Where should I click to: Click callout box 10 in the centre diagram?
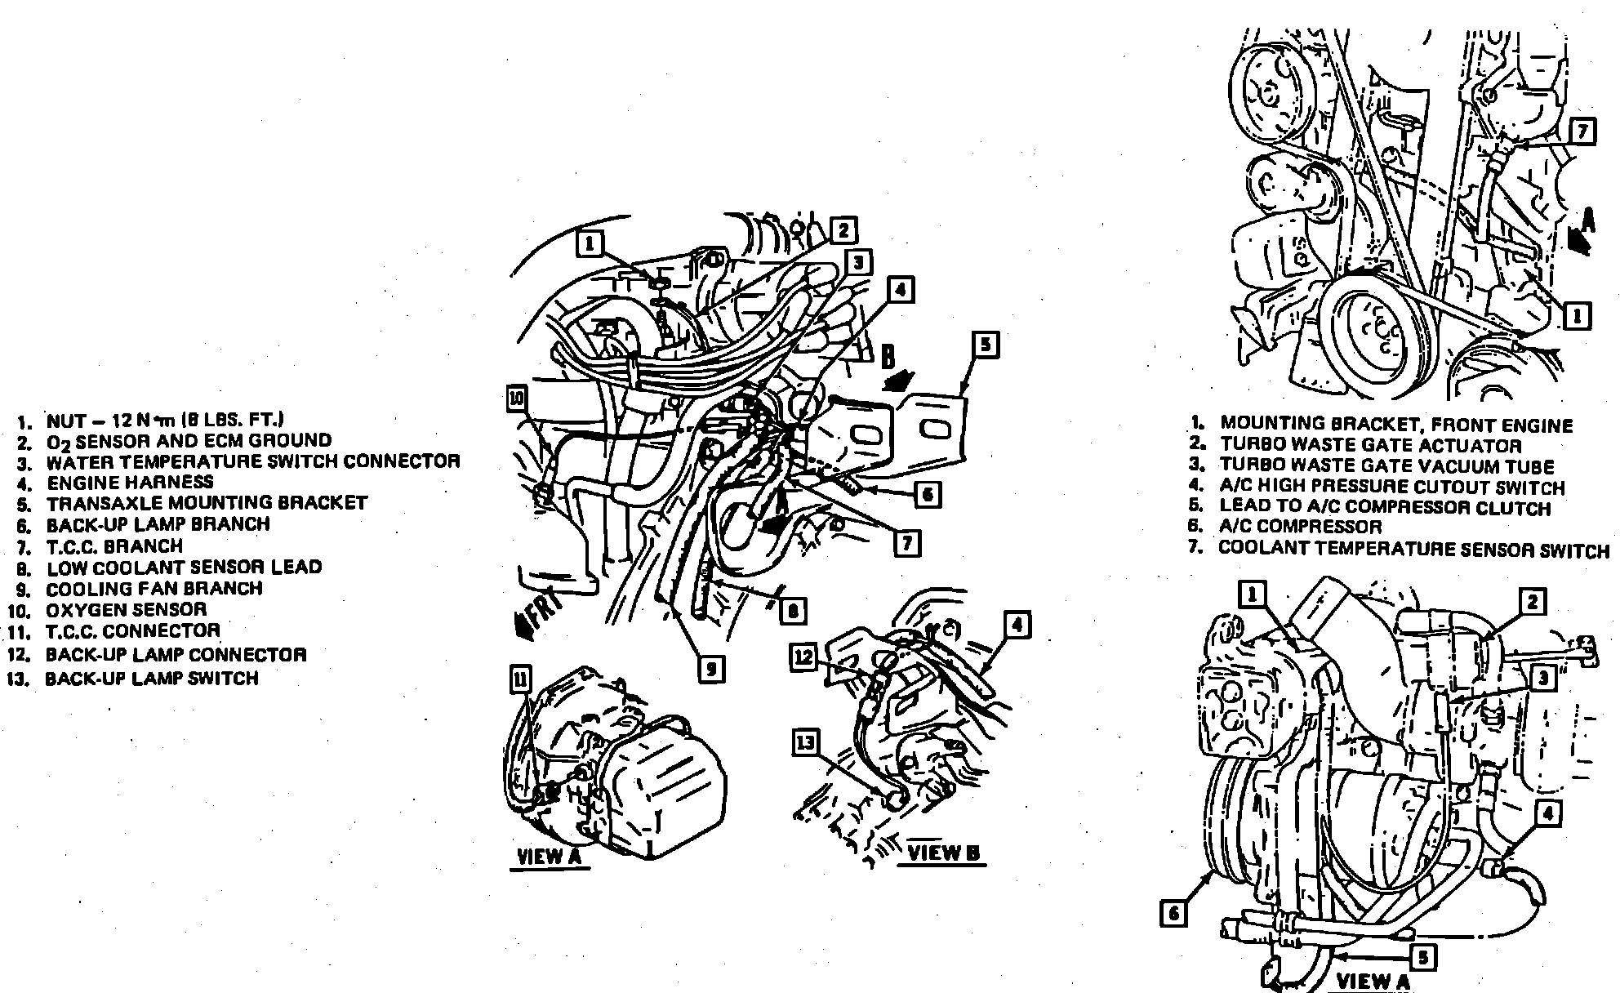518,398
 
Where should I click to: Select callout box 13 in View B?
805,742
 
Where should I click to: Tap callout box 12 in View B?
804,657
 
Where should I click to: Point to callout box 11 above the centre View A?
520,678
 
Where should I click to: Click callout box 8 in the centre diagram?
792,611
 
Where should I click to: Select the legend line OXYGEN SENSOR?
127,609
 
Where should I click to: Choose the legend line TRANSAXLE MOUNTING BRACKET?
207,503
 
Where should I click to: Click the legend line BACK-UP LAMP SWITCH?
152,678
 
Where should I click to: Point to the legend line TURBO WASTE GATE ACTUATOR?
1371,446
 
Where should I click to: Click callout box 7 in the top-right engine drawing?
1583,132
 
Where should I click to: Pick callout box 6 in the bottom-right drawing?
1173,913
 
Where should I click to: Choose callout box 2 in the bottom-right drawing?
1533,603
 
